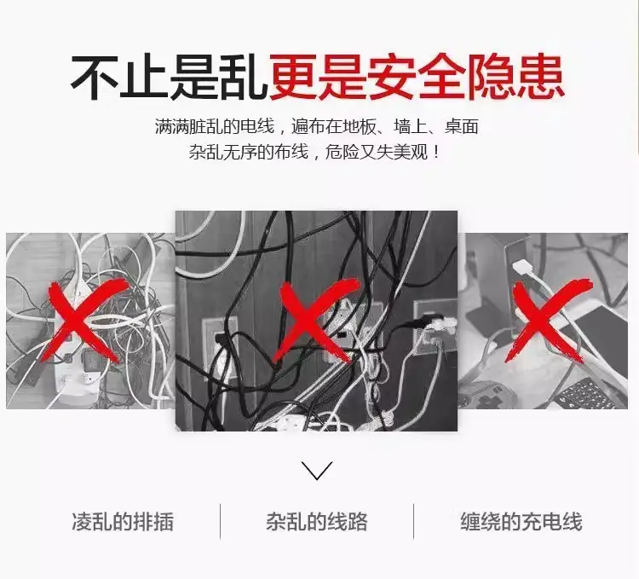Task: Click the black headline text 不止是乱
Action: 168,77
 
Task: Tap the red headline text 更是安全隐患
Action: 416,77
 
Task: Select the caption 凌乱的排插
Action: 123,522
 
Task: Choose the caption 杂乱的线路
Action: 317,522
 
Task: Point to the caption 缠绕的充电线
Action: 521,522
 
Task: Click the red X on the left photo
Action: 86,321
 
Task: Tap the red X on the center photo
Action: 316,321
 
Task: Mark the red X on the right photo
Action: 548,321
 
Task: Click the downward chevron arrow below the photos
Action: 317,470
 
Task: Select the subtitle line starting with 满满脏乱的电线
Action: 317,127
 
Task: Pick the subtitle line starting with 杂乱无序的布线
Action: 314,153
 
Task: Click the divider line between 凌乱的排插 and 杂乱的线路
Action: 221,522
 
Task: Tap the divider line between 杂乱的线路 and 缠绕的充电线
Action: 413,522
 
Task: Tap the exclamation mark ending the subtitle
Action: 437,153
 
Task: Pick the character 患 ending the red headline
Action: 540,77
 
